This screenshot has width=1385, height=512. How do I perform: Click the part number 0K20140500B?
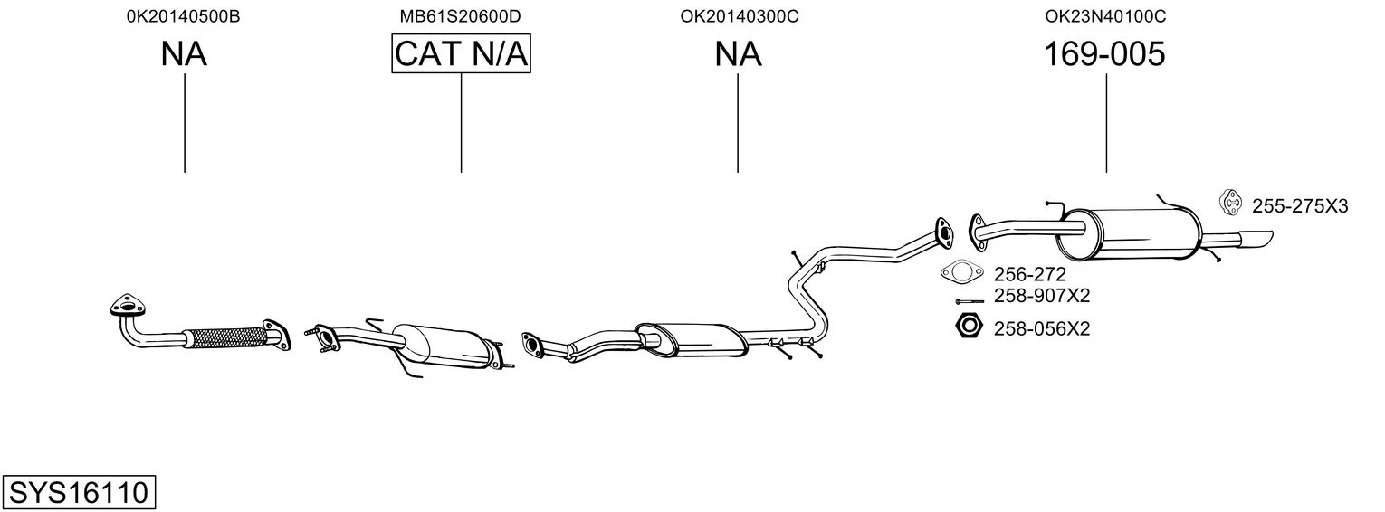(x=183, y=16)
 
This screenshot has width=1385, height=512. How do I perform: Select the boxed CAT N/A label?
(x=462, y=53)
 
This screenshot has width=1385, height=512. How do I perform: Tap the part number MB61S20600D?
(x=460, y=16)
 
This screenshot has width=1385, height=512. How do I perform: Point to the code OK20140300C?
(x=740, y=16)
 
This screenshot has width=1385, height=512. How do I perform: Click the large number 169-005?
(x=1104, y=53)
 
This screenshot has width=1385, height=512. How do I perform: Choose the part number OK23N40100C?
(x=1105, y=16)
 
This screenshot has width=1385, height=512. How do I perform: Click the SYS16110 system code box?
(x=79, y=493)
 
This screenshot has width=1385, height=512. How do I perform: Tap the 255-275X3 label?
(x=1300, y=205)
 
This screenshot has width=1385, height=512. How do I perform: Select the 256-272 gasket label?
(x=1030, y=273)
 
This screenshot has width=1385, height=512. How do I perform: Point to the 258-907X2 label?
(x=1042, y=296)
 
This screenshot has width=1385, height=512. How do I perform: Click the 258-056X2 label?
(x=1042, y=328)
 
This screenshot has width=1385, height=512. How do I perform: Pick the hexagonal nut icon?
(x=969, y=326)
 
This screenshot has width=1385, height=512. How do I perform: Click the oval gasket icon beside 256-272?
(x=961, y=271)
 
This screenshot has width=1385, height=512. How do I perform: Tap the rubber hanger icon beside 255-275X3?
(x=1230, y=203)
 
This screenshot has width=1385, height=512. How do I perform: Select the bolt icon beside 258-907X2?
(x=969, y=301)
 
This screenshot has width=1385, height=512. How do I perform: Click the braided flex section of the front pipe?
(x=225, y=337)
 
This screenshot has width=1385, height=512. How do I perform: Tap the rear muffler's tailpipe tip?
(x=1256, y=239)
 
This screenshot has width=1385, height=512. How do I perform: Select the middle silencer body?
(x=692, y=340)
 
